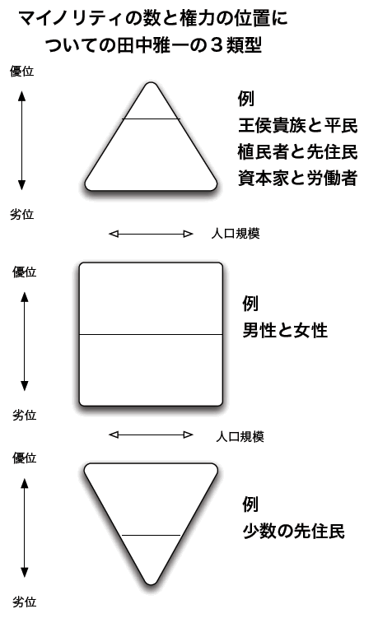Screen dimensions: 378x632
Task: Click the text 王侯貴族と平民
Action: [x=298, y=125]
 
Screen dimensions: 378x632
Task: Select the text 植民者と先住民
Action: [x=298, y=152]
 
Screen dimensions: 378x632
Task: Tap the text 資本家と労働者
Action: [x=298, y=178]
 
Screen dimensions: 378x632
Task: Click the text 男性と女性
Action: [x=285, y=331]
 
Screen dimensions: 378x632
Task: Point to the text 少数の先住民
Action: [x=294, y=532]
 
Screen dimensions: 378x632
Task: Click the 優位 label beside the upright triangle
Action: [x=21, y=72]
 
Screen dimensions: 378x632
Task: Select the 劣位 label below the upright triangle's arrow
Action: [x=21, y=215]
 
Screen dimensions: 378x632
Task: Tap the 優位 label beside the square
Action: [x=24, y=272]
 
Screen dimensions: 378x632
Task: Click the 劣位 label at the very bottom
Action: [x=24, y=602]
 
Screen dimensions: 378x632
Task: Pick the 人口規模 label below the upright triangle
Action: [x=236, y=234]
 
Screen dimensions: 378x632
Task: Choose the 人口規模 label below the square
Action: [x=240, y=437]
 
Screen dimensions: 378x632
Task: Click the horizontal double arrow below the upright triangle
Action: [x=151, y=234]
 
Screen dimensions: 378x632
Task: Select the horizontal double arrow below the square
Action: [x=151, y=434]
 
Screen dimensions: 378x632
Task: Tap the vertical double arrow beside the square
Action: [x=25, y=342]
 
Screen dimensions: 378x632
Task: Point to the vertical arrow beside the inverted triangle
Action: [x=25, y=527]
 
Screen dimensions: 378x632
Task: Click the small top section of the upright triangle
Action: [x=151, y=104]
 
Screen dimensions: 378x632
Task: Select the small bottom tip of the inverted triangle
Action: [x=151, y=558]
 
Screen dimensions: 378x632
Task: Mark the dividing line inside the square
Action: [x=151, y=335]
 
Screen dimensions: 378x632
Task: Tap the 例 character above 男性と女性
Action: [x=250, y=304]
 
